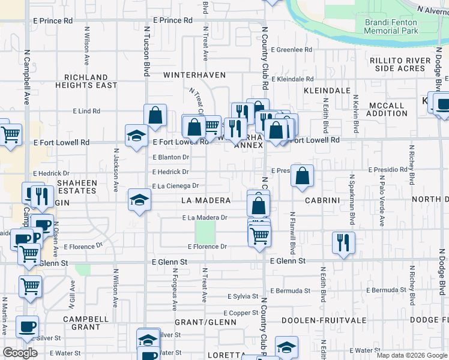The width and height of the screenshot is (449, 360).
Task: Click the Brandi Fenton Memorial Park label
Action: click(391, 26)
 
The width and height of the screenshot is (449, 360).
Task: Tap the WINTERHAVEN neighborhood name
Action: click(194, 75)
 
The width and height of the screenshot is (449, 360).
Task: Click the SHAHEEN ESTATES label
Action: click(76, 187)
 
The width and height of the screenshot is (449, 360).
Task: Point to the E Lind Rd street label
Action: click(86, 111)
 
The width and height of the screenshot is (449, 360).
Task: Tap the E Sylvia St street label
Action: click(243, 296)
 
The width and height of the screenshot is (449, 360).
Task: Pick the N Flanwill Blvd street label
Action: click(293, 233)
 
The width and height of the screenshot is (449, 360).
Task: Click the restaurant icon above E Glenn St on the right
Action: click(343, 242)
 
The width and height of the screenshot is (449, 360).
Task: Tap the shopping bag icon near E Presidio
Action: click(303, 176)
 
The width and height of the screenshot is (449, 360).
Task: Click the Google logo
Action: click(20, 352)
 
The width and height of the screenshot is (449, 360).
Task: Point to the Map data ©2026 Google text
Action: click(411, 355)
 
